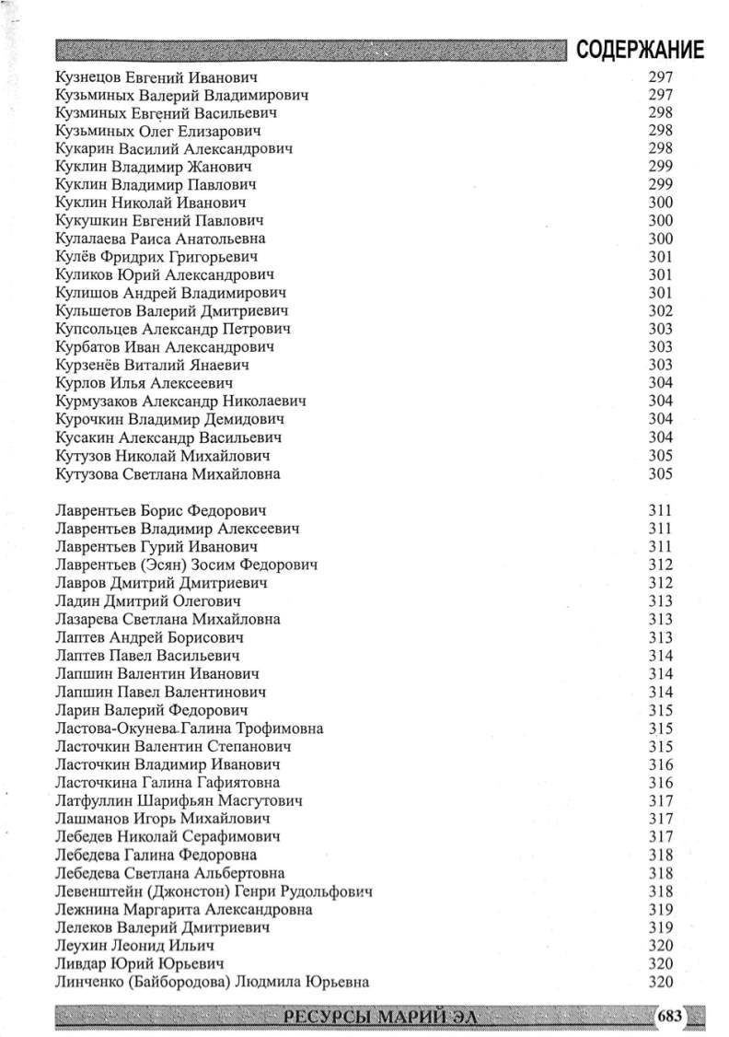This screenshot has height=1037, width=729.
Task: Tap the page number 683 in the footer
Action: click(669, 1016)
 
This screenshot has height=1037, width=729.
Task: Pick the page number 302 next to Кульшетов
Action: click(661, 311)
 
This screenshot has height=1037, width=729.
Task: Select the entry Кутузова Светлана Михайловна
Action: click(168, 474)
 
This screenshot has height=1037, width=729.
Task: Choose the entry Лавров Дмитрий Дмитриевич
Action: click(161, 583)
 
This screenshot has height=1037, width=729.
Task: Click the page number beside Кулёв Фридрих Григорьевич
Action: click(661, 257)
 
